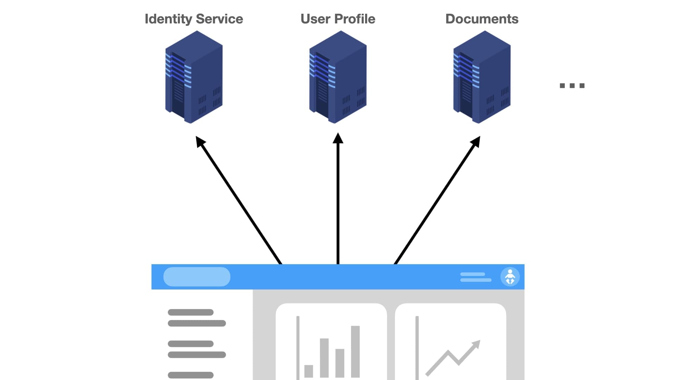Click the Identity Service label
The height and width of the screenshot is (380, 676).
coord(194,19)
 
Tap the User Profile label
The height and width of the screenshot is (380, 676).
coord(338,19)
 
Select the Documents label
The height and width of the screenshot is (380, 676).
coord(482,19)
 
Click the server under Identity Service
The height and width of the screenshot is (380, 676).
coord(194,77)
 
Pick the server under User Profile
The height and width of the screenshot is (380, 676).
coord(338,77)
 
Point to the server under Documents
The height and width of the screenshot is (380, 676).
coord(482,77)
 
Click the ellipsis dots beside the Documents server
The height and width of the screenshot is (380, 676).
coord(572,85)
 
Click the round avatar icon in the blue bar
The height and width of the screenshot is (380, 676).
coord(510,277)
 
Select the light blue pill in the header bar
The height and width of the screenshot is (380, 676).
coord(197,277)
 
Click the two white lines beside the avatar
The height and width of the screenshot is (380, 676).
coord(475,277)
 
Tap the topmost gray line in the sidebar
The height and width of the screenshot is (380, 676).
coord(190,312)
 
